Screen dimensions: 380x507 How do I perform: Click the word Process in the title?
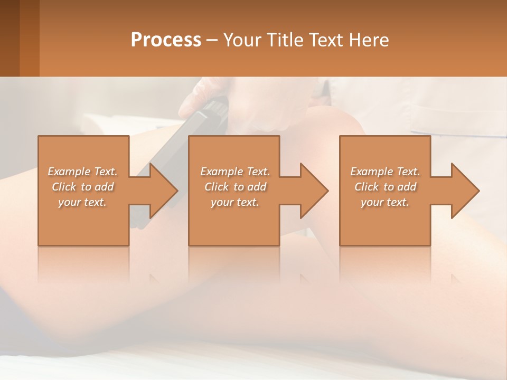[x=166, y=40]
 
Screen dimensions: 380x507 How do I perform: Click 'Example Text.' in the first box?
[x=82, y=172]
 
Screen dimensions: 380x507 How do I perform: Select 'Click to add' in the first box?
[x=82, y=187]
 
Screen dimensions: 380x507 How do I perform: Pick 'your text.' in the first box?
[x=82, y=202]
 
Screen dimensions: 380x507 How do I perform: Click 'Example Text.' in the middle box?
[x=235, y=172]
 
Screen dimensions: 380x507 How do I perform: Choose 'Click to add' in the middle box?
[x=235, y=187]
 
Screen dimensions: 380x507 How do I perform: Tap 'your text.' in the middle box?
[x=235, y=202]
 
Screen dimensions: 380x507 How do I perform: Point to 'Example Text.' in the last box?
[x=385, y=172]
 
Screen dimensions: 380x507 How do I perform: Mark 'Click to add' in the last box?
[x=385, y=187]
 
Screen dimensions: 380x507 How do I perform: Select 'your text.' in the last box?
[x=385, y=202]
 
